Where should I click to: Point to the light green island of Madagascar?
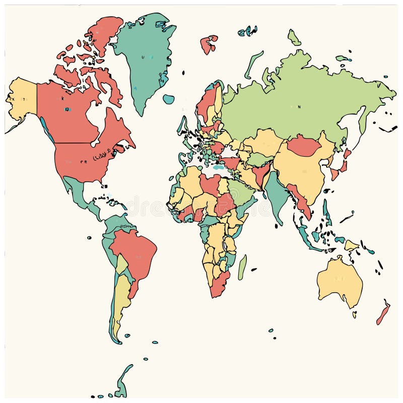tap(242, 267)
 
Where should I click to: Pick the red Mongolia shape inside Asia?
tap(304, 146)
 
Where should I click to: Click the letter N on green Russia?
tap(299, 106)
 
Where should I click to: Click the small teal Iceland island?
tap(169, 99)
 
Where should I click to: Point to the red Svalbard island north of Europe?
tap(209, 44)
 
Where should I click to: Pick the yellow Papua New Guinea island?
tap(352, 245)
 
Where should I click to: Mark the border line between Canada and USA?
tap(76, 143)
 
